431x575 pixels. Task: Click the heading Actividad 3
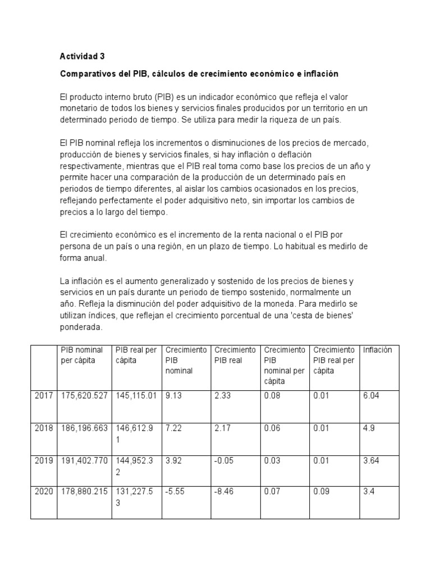[82, 56]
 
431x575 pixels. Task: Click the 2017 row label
[43, 396]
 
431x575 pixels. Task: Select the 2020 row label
[43, 491]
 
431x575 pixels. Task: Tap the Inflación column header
[377, 350]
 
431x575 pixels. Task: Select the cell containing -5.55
[174, 491]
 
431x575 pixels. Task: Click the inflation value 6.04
[371, 396]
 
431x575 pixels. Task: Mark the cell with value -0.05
[224, 460]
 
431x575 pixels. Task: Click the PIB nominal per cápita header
[82, 355]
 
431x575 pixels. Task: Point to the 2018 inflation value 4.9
[369, 428]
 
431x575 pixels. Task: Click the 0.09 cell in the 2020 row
[322, 491]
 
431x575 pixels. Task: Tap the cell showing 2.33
[222, 396]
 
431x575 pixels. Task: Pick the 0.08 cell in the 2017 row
[272, 396]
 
